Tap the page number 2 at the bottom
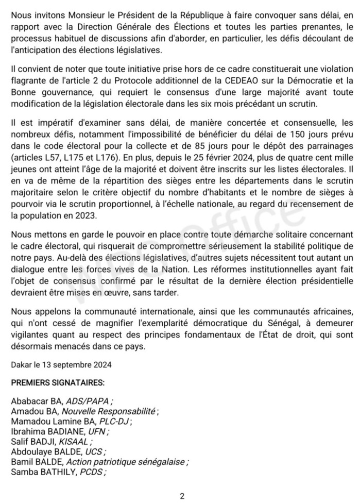[x=182, y=496]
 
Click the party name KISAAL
[x=75, y=441]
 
